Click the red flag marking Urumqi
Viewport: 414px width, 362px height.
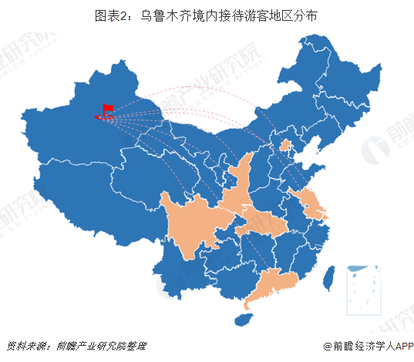[105, 112]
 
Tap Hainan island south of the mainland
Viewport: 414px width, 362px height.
[245, 313]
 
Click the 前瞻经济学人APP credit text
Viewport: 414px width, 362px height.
[368, 347]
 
